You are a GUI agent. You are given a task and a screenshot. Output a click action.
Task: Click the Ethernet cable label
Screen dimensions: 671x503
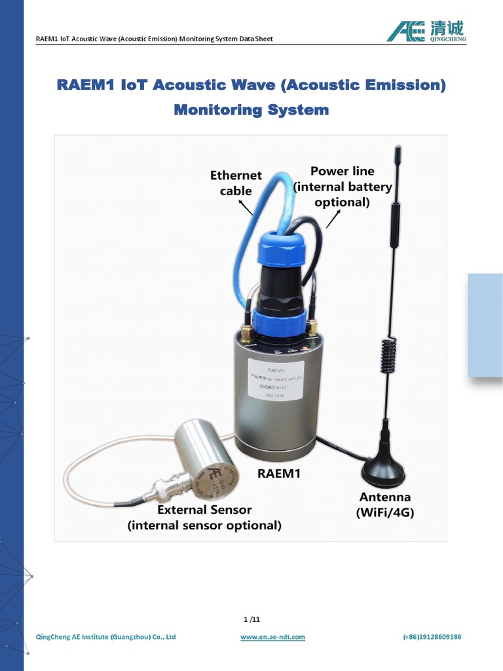pyautogui.click(x=236, y=183)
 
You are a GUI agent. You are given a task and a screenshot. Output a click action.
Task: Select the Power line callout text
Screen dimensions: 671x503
pyautogui.click(x=343, y=186)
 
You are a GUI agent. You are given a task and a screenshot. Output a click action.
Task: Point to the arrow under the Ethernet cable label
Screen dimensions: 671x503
pyautogui.click(x=246, y=208)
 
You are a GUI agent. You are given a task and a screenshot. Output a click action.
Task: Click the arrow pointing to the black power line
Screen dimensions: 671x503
pyautogui.click(x=333, y=220)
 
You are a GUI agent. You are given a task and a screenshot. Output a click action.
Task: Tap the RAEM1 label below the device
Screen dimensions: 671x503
pyautogui.click(x=279, y=472)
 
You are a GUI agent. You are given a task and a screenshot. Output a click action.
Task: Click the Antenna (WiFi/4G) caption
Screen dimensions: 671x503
pyautogui.click(x=385, y=505)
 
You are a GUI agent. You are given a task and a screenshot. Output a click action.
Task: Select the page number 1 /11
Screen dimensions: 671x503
pyautogui.click(x=251, y=619)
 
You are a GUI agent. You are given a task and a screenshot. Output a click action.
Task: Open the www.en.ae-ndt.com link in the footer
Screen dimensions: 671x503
pyautogui.click(x=272, y=637)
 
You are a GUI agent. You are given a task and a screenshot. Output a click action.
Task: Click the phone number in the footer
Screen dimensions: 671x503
pyautogui.click(x=432, y=637)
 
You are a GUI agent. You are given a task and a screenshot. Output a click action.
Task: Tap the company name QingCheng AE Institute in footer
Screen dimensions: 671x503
pyautogui.click(x=105, y=637)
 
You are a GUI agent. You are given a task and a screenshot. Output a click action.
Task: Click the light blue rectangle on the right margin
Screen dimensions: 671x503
pyautogui.click(x=485, y=325)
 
